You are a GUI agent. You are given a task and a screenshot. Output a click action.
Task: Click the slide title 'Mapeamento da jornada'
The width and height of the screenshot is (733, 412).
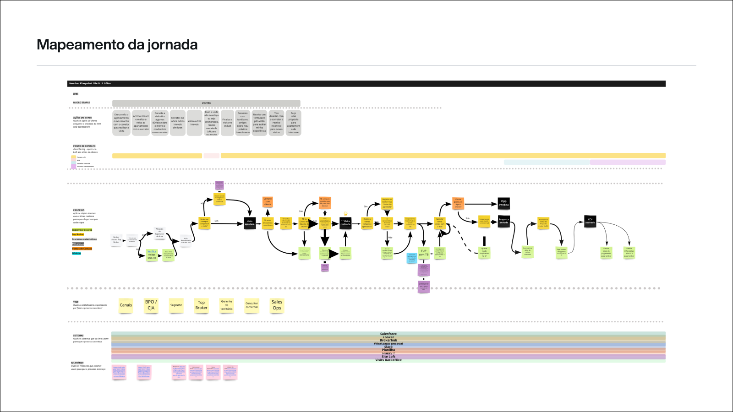click(x=117, y=45)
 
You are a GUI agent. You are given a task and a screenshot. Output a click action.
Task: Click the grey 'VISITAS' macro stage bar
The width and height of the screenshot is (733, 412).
click(x=206, y=103)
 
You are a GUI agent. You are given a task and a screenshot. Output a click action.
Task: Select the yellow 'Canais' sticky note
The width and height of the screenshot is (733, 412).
click(x=126, y=305)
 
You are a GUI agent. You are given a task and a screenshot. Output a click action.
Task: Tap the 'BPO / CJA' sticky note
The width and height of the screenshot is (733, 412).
click(x=151, y=305)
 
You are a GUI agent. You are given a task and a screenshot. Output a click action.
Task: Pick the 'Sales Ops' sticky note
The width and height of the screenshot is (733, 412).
click(x=277, y=305)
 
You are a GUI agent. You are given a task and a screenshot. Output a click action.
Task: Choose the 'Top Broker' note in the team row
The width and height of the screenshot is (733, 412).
click(x=201, y=305)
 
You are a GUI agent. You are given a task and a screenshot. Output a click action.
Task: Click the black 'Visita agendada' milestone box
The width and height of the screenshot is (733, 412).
click(x=250, y=223)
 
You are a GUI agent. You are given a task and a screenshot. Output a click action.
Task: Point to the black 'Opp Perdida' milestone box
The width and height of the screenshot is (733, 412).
click(x=503, y=203)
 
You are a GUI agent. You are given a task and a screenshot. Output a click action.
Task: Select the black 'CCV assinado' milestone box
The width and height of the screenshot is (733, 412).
click(x=590, y=221)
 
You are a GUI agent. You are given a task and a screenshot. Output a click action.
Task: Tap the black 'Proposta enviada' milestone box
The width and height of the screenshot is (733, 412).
click(x=503, y=221)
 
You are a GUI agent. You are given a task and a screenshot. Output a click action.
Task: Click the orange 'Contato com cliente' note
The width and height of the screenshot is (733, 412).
click(x=268, y=202)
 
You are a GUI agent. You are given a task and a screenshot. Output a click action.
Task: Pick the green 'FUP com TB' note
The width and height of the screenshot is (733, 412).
click(x=424, y=253)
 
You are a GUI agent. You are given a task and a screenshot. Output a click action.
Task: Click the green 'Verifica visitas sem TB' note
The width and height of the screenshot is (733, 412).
click(x=152, y=255)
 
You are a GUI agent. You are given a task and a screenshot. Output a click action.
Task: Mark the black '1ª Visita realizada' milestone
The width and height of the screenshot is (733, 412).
click(x=345, y=223)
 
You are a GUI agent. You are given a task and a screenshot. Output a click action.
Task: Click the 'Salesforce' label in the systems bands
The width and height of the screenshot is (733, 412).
click(x=388, y=334)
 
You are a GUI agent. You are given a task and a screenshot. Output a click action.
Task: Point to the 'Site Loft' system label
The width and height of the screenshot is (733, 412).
click(x=388, y=357)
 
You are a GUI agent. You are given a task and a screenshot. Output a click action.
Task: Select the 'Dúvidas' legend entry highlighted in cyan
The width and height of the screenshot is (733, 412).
click(x=77, y=253)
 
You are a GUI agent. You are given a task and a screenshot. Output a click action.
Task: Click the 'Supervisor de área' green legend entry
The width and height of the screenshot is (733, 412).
click(x=82, y=230)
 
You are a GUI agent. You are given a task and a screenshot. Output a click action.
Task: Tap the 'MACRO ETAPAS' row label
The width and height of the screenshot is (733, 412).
click(x=82, y=103)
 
